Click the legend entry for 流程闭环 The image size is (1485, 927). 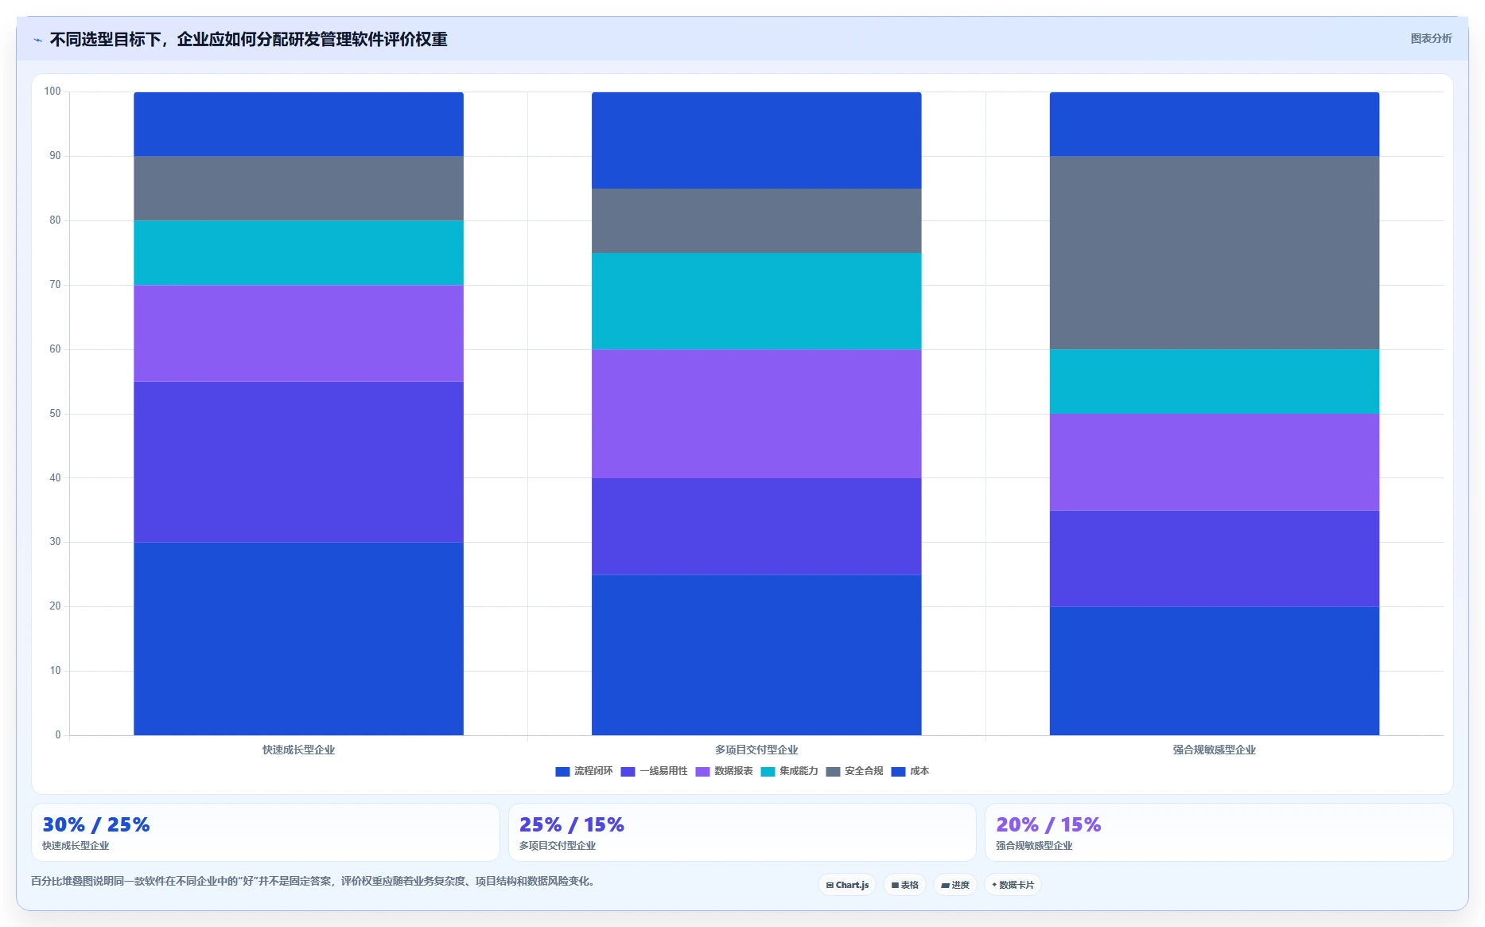[584, 771]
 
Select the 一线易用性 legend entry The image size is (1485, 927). [654, 771]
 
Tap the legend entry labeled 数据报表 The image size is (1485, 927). [724, 771]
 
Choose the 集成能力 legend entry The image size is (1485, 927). [789, 771]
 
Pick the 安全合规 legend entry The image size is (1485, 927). [854, 771]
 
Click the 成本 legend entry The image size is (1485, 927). [910, 771]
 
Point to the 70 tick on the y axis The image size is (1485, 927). [55, 285]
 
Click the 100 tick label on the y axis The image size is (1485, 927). [52, 92]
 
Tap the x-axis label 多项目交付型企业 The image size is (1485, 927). [756, 750]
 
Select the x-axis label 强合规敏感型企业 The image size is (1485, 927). [1214, 750]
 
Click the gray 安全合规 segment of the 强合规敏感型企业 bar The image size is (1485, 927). [1215, 253]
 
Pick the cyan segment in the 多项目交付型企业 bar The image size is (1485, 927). [756, 302]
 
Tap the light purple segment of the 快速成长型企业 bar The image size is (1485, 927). [298, 333]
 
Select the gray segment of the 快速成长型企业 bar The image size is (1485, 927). [298, 189]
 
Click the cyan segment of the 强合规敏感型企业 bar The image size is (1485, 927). [1215, 382]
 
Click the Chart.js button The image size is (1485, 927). [847, 885]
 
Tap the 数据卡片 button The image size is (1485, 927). [1013, 885]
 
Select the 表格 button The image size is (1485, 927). [904, 885]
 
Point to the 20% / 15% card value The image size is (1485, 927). [1048, 824]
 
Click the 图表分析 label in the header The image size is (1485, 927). [1431, 38]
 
